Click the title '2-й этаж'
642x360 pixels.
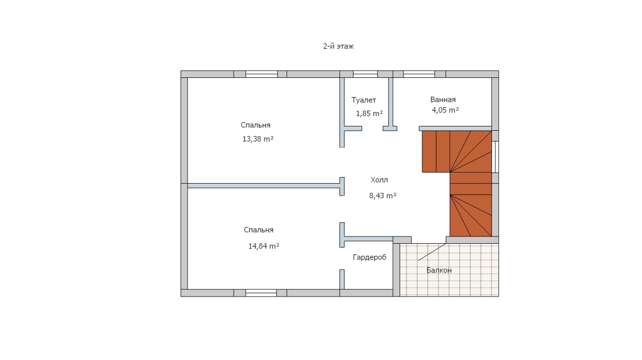point(338,47)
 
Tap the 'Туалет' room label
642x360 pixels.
point(364,100)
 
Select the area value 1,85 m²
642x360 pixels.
point(369,114)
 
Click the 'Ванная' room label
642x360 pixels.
point(443,99)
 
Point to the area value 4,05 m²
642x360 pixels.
point(445,110)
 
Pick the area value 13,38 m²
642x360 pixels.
point(258,139)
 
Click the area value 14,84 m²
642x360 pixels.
point(264,246)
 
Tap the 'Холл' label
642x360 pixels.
point(379,180)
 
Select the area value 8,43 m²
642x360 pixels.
point(383,196)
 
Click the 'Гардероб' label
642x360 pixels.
point(369,258)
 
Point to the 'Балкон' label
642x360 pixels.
point(439,270)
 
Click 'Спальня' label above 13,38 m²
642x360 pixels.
point(255,125)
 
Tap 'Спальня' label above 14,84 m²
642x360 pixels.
point(259,230)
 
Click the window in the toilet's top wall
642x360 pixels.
point(365,74)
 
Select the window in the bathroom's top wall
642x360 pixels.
point(419,74)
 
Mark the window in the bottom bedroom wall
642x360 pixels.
point(261,293)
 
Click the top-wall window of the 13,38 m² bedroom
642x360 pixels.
point(262,74)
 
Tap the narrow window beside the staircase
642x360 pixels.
point(495,157)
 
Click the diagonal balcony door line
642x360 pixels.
point(432,252)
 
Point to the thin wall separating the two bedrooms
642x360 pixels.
point(264,186)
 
